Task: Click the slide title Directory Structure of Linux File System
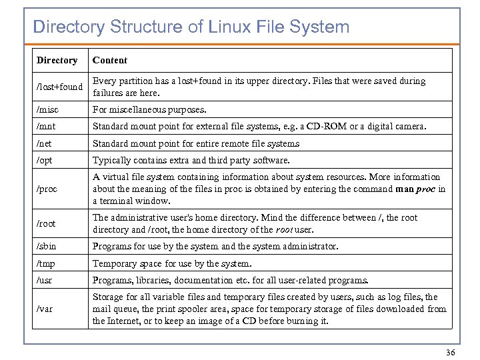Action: point(191,27)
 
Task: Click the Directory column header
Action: point(57,61)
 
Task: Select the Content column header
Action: point(110,61)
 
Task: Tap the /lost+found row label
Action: point(59,87)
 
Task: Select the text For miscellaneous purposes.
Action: point(149,109)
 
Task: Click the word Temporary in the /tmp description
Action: point(115,263)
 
